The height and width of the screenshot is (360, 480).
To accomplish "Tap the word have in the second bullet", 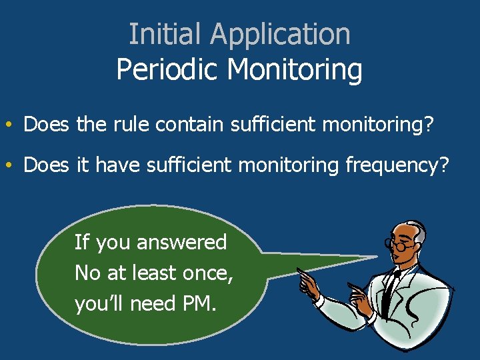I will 117,165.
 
